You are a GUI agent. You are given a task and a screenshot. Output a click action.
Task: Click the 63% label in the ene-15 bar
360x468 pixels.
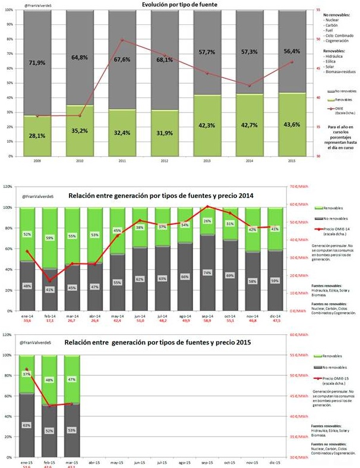(27, 426)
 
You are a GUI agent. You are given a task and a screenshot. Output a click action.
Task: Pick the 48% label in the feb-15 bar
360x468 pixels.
(50, 380)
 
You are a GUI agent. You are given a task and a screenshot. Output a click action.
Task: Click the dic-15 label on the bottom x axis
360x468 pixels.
(275, 462)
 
